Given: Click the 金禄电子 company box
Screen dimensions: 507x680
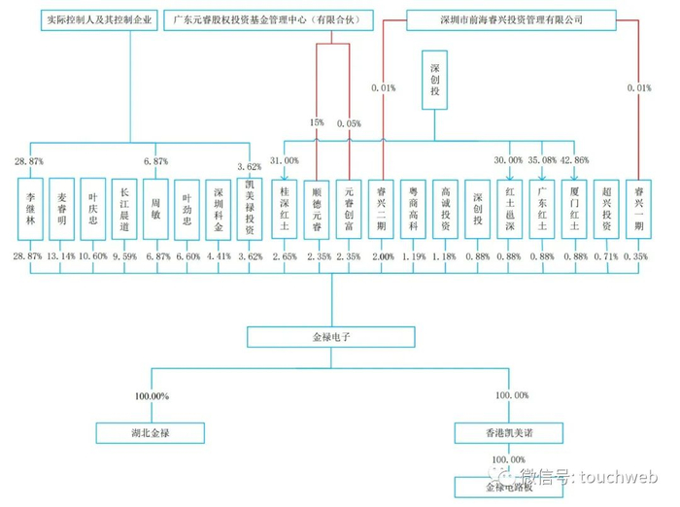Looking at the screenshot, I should click(331, 337).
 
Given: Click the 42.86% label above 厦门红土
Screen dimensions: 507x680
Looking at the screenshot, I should click(576, 160).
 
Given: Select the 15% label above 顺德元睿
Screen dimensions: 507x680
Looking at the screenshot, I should click(316, 123).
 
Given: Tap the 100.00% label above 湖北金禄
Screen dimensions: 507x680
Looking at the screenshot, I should click(151, 396).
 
